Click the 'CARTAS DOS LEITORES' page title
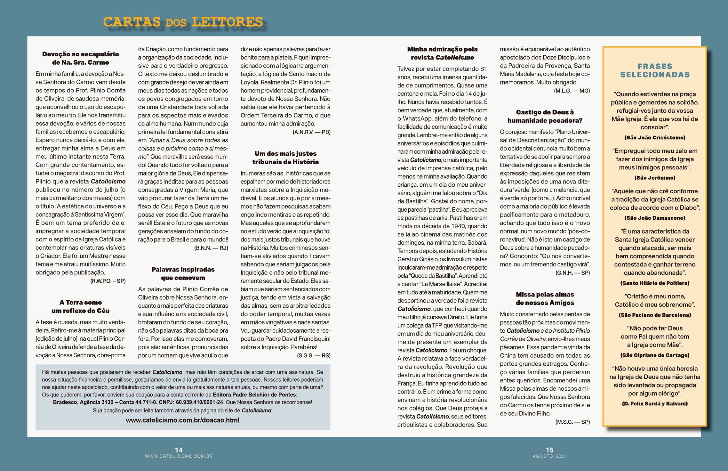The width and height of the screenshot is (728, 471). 183,22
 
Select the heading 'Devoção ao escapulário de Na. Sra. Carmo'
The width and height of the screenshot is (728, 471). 80,58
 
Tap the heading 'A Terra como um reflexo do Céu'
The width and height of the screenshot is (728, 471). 80,306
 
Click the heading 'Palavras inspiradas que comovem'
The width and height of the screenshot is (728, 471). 183,273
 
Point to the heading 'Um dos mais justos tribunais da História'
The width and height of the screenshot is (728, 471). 285,158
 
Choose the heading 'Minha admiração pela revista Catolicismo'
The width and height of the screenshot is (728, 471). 442,53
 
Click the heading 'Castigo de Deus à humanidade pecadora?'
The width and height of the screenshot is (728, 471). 545,116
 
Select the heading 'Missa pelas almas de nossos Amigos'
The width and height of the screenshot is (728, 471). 545,298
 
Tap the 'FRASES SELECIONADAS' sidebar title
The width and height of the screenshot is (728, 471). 654,70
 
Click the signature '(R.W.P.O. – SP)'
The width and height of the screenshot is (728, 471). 108,281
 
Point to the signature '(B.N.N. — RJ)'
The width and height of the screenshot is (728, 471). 211,248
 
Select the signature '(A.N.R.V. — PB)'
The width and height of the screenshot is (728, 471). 311,132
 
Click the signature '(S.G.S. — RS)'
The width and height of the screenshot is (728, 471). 314,355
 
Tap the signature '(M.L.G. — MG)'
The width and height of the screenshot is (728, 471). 572,91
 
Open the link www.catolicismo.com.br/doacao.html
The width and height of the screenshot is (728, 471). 182,420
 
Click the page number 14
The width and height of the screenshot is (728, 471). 179,450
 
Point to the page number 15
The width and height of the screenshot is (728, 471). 549,450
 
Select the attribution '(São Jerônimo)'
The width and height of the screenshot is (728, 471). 655,178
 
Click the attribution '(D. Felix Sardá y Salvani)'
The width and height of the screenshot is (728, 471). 655,403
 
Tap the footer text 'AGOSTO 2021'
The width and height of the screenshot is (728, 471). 549,456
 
